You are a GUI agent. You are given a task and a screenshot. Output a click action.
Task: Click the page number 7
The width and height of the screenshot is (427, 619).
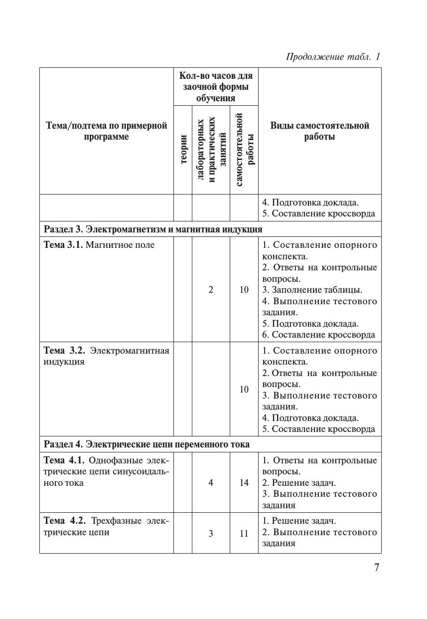[377, 567]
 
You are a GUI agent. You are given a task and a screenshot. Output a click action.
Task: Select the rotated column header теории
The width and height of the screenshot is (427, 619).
[183, 149]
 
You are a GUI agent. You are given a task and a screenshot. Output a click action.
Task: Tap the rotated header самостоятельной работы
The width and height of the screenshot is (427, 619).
[244, 150]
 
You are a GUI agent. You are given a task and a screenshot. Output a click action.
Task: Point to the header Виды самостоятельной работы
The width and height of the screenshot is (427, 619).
[320, 131]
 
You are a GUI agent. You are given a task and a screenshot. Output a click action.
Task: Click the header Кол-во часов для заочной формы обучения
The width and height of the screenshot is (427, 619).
[216, 87]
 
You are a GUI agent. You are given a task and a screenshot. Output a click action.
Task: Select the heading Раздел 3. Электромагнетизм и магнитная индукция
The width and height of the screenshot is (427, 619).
[153, 229]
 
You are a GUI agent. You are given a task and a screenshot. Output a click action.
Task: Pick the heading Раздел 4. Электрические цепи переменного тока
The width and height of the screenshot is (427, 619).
[147, 444]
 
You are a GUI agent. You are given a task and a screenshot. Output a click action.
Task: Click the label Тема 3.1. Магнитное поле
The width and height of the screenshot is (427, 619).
[99, 245]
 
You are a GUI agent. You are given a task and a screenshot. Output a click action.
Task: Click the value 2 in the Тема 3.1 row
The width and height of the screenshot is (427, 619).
[211, 289]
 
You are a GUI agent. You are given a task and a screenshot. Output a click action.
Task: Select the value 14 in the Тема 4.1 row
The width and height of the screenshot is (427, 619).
[244, 482]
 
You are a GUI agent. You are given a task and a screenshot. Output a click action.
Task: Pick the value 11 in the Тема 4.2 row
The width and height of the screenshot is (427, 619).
[244, 533]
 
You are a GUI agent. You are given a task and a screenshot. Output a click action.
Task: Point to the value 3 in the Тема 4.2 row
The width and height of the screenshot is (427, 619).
[211, 533]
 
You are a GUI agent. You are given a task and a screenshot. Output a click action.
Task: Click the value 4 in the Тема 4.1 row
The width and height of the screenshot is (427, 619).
[211, 482]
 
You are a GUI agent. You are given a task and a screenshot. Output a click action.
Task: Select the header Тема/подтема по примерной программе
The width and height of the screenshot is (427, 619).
[107, 131]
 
